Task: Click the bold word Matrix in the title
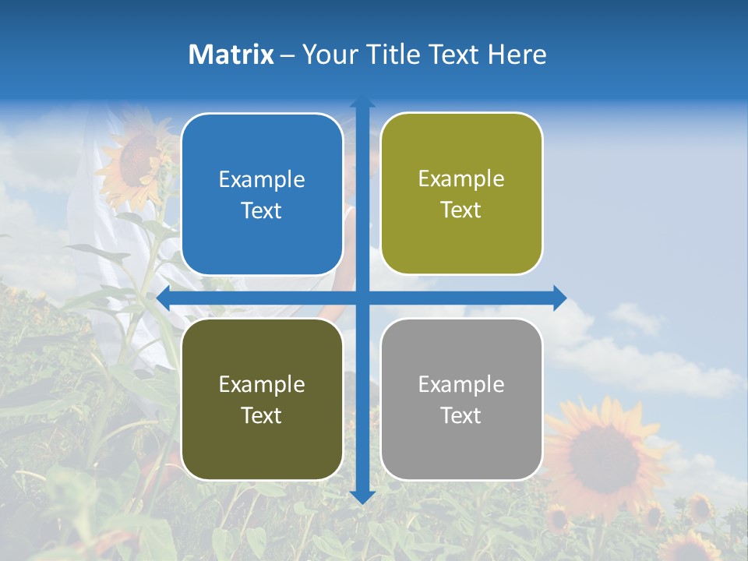231,55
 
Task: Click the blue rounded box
262,194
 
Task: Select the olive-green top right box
461,194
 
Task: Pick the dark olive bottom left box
262,399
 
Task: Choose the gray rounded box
461,399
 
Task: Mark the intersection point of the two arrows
362,298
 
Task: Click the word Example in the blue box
262,180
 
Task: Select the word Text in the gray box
461,415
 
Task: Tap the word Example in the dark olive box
262,384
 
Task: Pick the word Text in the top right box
461,210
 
